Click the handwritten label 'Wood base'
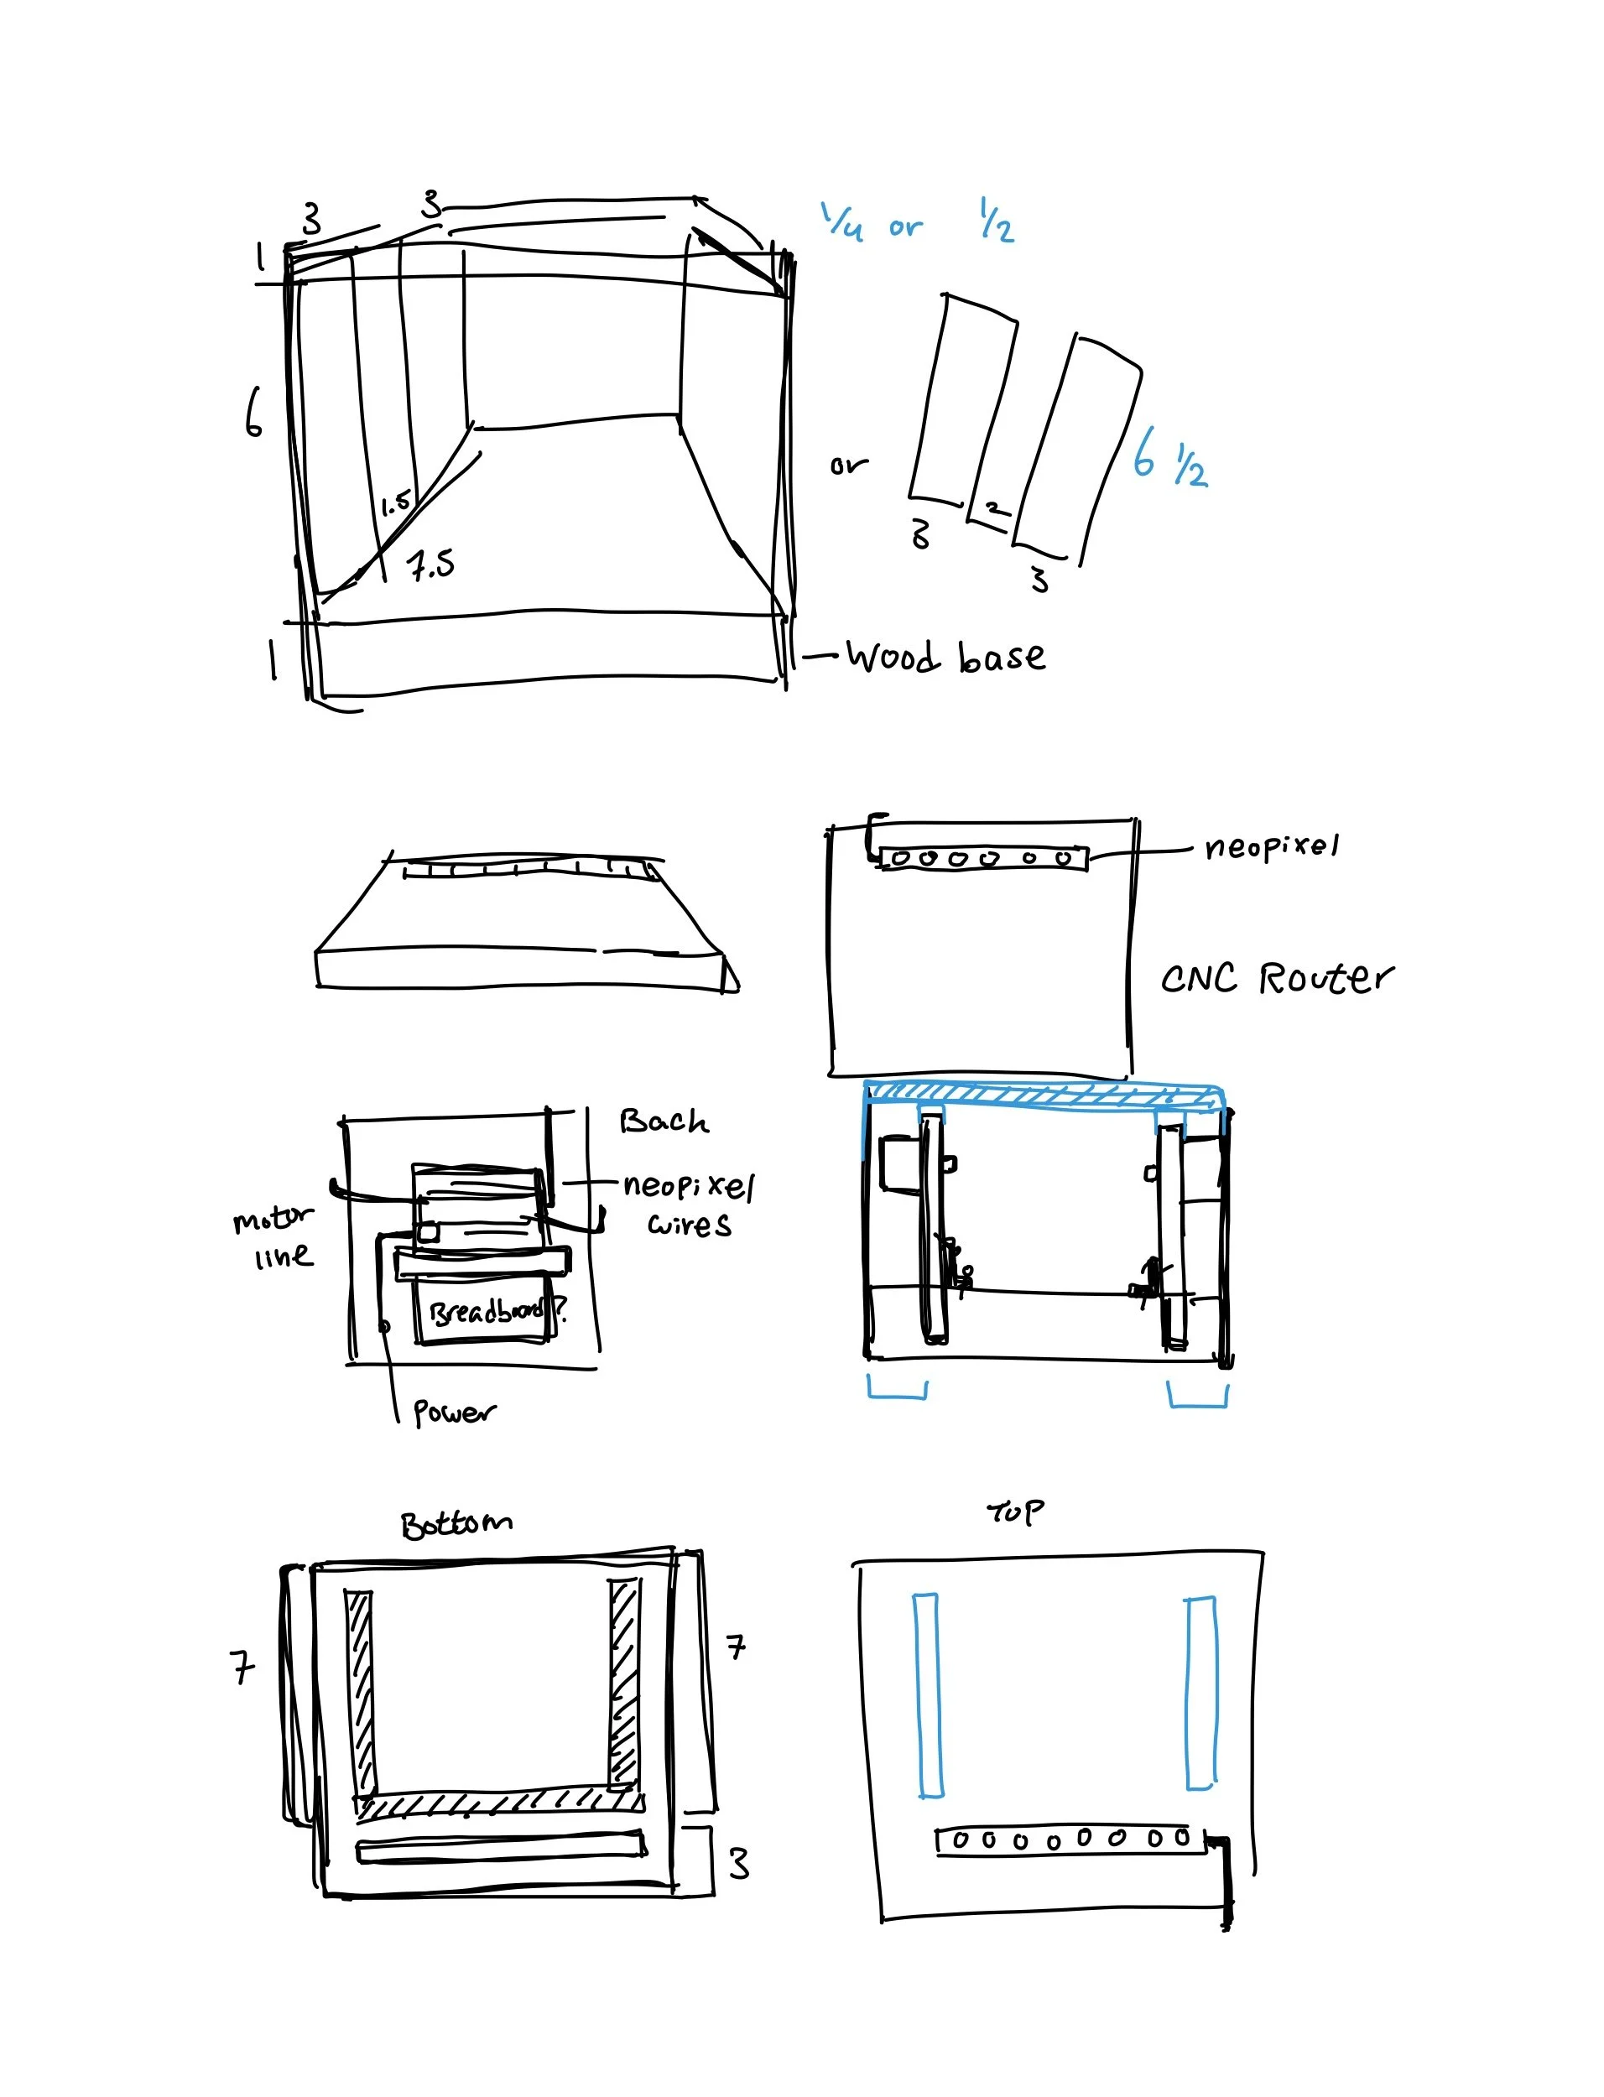pos(945,658)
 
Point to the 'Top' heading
pos(1015,1512)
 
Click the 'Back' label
pos(664,1121)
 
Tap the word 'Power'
pos(454,1412)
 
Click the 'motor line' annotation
pos(274,1237)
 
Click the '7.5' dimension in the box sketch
pos(431,565)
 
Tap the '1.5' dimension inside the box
pos(395,502)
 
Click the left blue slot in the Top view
pos(927,1694)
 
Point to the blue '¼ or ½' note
pos(917,224)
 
